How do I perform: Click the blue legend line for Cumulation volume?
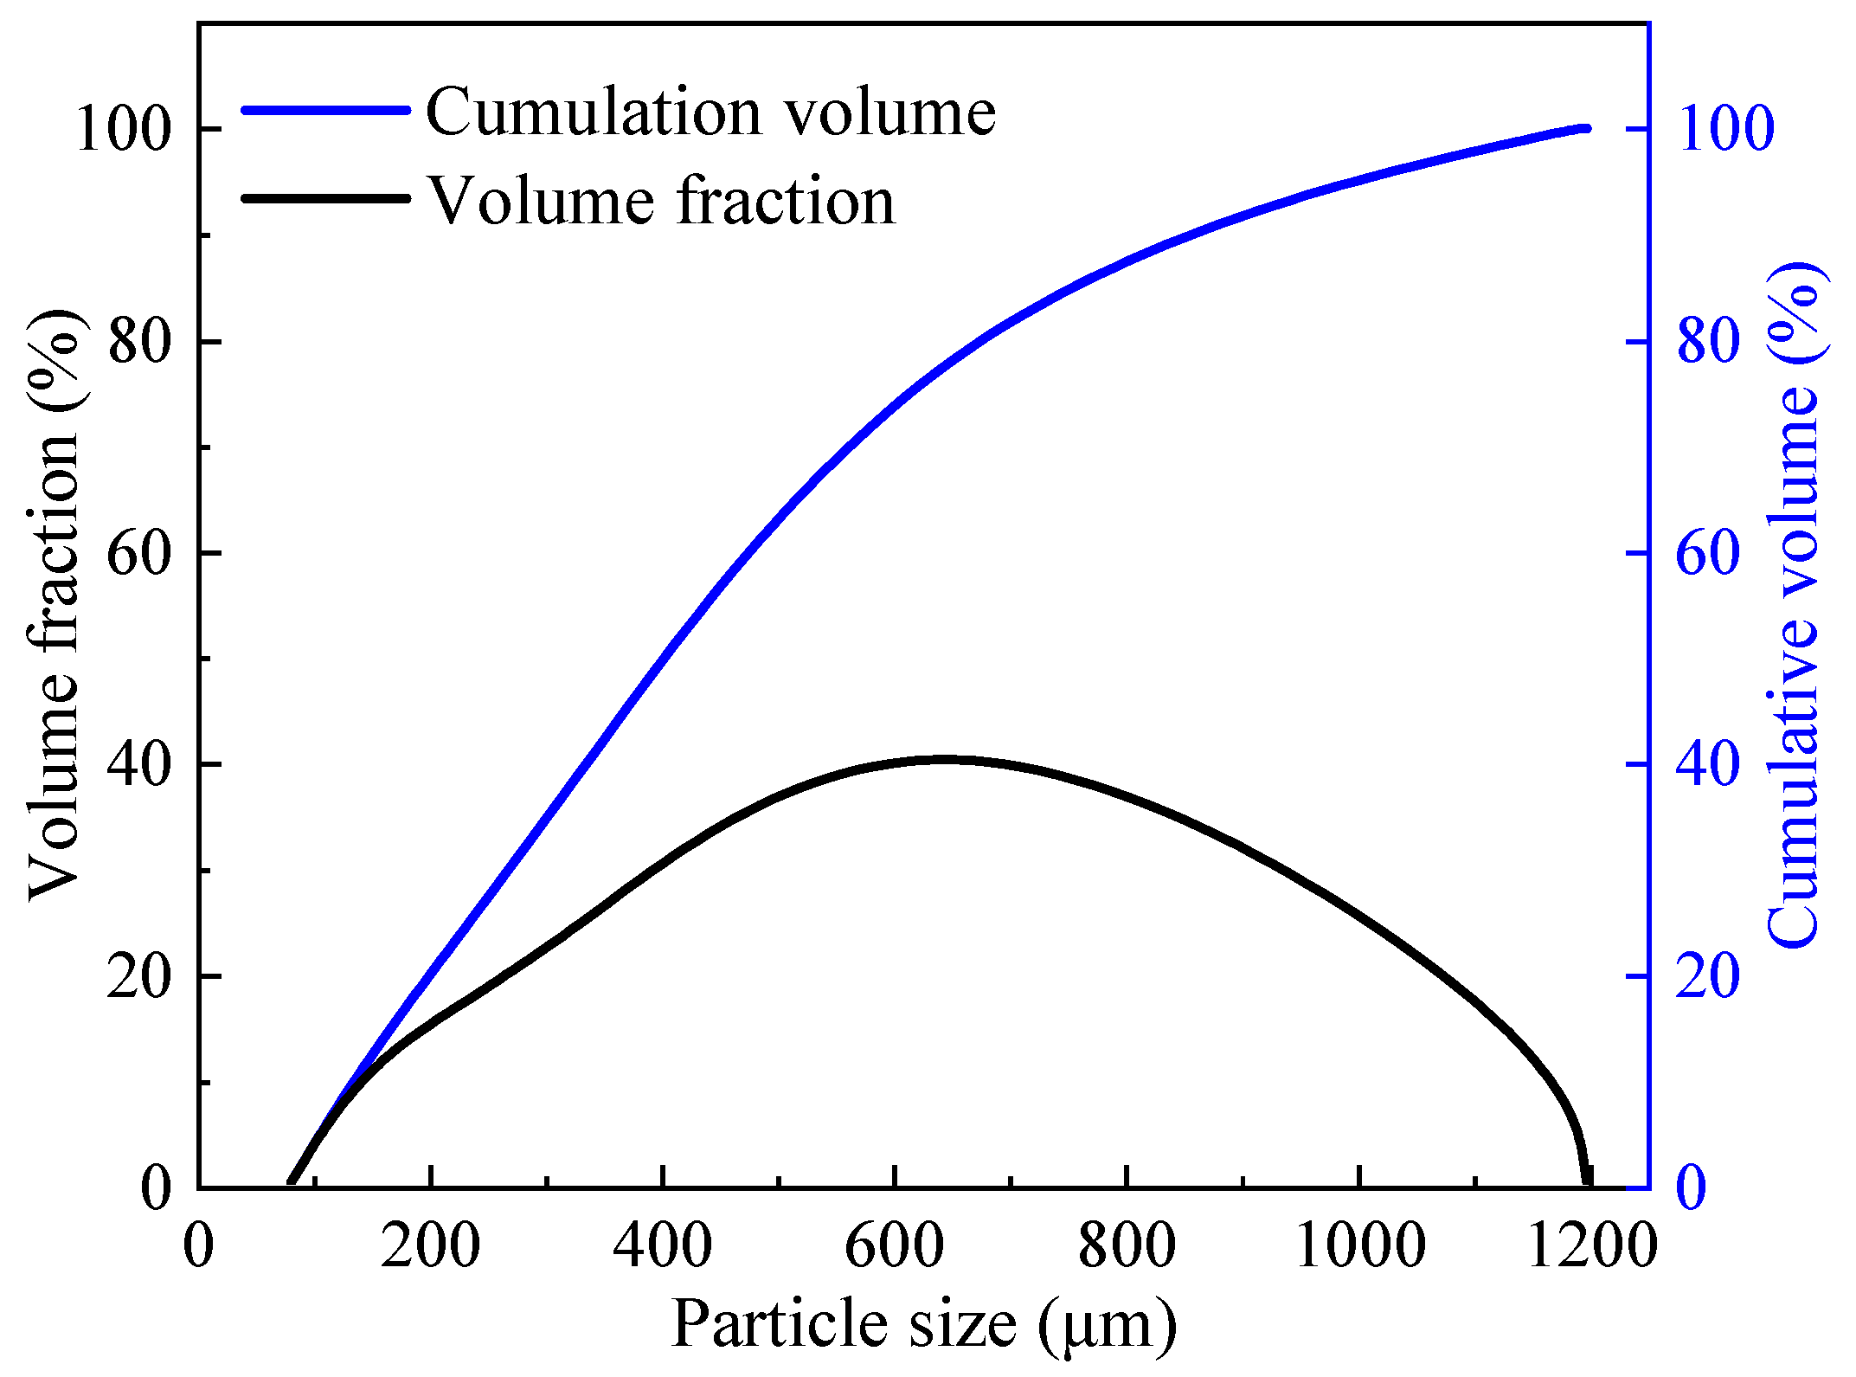pyautogui.click(x=324, y=110)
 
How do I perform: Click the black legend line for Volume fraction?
pyautogui.click(x=324, y=198)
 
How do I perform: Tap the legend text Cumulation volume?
pyautogui.click(x=710, y=113)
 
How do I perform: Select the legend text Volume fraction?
pyautogui.click(x=662, y=201)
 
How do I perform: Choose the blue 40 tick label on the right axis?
pyautogui.click(x=1708, y=765)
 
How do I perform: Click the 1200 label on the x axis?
pyautogui.click(x=1591, y=1247)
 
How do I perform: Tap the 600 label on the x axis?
pyautogui.click(x=894, y=1247)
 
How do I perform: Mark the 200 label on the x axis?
pyautogui.click(x=430, y=1247)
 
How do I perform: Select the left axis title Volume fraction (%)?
pyautogui.click(x=57, y=606)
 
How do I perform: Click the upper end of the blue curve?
pyautogui.click(x=1585, y=129)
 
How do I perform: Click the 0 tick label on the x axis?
pyautogui.click(x=198, y=1247)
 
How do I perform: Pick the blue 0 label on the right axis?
pyautogui.click(x=1692, y=1187)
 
